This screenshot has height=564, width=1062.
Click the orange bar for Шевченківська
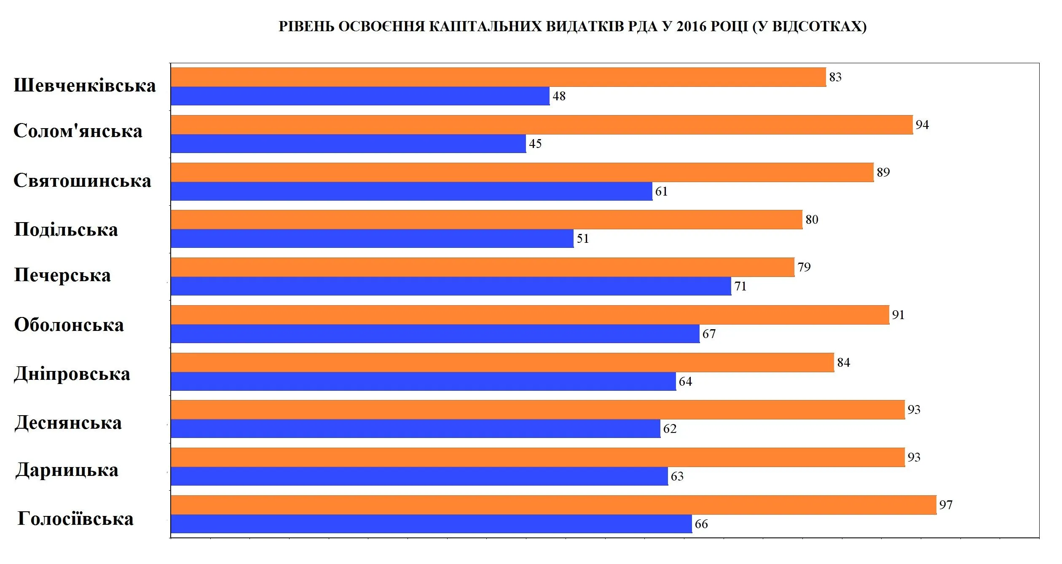tap(498, 77)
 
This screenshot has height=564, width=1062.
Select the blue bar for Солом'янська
tap(348, 144)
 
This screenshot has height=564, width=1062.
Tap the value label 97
tap(946, 505)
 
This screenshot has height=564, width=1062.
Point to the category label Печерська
tap(62, 275)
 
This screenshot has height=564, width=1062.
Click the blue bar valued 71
tap(451, 286)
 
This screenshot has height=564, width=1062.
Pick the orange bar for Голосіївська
tap(553, 505)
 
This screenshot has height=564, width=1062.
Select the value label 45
tap(535, 144)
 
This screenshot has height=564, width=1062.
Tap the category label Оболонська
tap(69, 325)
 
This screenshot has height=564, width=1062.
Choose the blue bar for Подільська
tap(372, 239)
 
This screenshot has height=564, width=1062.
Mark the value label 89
tap(883, 172)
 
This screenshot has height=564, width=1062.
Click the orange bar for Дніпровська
tap(502, 363)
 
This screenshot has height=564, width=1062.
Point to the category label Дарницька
tap(67, 470)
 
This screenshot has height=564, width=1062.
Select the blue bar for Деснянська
tap(416, 429)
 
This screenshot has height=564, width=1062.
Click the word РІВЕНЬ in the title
tap(306, 27)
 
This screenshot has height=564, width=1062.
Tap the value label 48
tap(559, 96)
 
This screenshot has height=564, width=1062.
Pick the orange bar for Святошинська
tap(522, 172)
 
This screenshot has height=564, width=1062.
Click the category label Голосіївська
tap(75, 519)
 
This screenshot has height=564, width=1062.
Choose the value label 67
tap(709, 334)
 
